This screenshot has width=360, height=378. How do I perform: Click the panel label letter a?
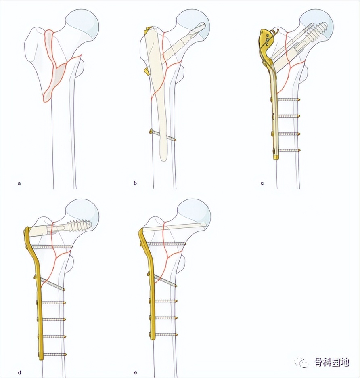[x=19, y=184]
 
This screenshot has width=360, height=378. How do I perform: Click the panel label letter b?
[x=135, y=183]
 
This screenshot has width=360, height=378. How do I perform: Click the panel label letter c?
[x=262, y=183]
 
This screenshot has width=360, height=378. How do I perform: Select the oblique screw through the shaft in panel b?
[x=163, y=135]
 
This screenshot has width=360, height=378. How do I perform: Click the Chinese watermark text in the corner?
[x=327, y=363]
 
